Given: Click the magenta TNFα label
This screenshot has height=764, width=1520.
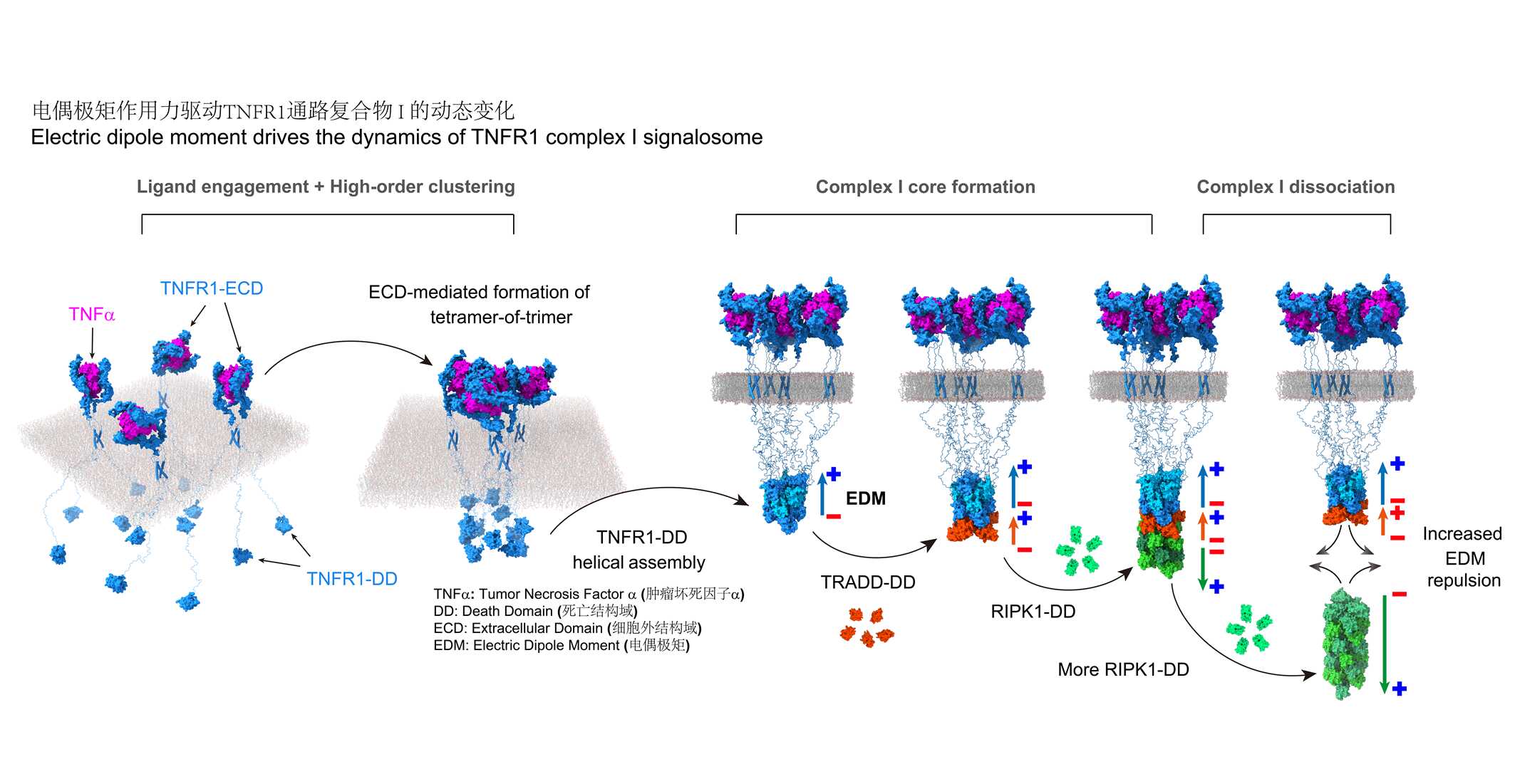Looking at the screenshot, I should tap(91, 314).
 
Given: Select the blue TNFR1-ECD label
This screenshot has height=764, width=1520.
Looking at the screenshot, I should tap(212, 288).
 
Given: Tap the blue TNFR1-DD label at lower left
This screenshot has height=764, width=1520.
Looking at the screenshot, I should tap(352, 579).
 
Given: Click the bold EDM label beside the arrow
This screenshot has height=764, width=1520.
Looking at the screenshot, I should tap(865, 498).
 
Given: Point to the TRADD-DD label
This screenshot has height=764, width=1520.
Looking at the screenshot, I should tap(868, 582).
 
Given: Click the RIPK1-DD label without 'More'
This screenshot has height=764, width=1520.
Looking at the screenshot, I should tap(1033, 612).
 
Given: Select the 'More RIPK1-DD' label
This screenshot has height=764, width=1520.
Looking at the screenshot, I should tap(1123, 669).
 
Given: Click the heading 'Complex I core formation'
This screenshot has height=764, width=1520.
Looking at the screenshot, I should tap(925, 187).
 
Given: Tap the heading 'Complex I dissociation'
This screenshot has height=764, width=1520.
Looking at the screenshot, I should tap(1296, 187).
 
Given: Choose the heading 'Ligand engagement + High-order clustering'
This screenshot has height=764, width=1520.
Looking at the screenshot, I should tap(326, 187).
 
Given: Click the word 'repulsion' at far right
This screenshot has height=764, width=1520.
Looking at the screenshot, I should tap(1464, 580).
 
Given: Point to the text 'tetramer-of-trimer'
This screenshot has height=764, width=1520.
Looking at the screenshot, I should tap(501, 317).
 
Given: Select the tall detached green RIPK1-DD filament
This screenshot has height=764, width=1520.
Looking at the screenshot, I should tap(1344, 644).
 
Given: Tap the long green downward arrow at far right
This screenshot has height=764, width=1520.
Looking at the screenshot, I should tap(1384, 641).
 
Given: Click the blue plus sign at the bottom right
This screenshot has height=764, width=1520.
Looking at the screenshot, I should tap(1400, 689).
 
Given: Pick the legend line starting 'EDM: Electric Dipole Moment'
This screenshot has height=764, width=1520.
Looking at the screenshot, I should tap(562, 645).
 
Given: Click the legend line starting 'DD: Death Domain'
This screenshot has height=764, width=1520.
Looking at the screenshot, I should tap(535, 611).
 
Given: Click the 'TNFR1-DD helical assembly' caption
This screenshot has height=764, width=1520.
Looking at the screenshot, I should tap(639, 550).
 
